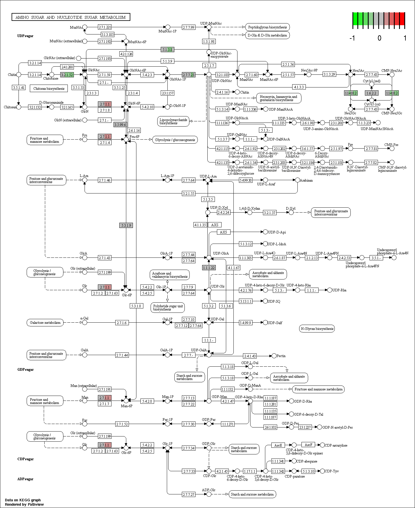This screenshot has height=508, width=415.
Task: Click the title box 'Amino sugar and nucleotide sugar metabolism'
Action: [x=71, y=17]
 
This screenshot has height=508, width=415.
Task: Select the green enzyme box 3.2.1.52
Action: [x=67, y=75]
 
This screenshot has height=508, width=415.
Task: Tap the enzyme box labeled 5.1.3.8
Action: [x=167, y=50]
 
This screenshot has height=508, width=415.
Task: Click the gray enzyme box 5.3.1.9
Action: [x=126, y=225]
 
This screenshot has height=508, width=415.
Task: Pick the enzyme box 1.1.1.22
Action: [x=209, y=268]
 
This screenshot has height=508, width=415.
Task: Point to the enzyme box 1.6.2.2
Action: [x=372, y=93]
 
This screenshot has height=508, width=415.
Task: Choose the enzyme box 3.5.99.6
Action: [x=120, y=125]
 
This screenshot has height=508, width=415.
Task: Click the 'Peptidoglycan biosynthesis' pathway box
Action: [x=267, y=27]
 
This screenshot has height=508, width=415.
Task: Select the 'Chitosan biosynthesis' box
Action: [x=49, y=88]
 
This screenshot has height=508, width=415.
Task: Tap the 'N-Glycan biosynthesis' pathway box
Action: [x=317, y=328]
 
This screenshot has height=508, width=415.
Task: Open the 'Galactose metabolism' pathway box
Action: [x=45, y=323]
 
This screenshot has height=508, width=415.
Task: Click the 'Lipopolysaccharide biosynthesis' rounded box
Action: [x=173, y=121]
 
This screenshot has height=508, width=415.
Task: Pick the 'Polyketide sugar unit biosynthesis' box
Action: [x=168, y=308]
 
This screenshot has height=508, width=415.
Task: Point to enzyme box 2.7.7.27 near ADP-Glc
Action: [x=189, y=494]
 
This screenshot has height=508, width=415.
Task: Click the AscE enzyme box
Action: [x=278, y=445]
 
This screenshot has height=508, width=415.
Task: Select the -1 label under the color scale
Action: [x=352, y=38]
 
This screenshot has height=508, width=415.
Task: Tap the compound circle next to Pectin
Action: [x=274, y=356]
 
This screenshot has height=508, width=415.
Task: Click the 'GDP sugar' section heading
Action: [x=25, y=370]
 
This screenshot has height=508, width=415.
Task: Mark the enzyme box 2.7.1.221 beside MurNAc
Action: [x=105, y=27]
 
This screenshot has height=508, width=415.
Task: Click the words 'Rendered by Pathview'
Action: [x=24, y=505]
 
